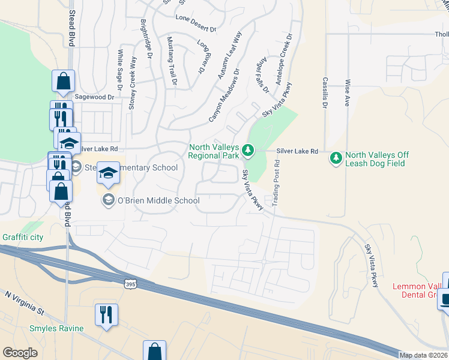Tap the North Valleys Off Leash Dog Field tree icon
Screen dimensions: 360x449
336,158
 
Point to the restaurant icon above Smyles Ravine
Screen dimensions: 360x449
106,314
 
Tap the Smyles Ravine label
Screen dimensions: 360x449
56,328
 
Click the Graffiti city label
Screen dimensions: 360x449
22,237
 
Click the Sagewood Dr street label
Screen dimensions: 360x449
94,97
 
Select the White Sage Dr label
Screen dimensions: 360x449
120,70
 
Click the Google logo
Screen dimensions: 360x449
20,353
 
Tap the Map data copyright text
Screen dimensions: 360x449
423,355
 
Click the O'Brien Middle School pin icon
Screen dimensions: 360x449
109,199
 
